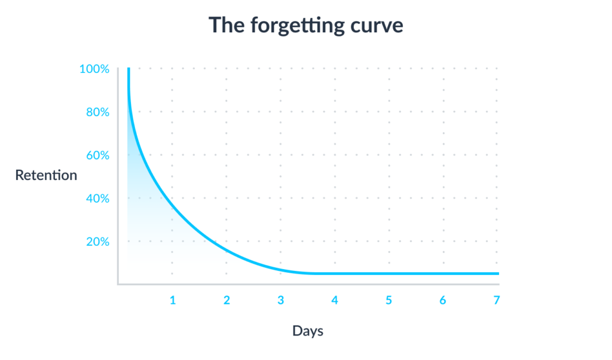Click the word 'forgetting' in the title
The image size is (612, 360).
298,26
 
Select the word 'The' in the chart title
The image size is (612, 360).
227,25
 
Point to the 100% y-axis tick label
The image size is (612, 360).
94,69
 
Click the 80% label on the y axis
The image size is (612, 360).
97,112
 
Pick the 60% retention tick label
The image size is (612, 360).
97,156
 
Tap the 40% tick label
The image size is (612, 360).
97,199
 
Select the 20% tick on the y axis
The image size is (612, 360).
97,242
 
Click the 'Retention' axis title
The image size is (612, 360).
46,175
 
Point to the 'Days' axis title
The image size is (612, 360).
308,331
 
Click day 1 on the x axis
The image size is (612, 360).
173,300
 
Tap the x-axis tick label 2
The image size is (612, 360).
227,300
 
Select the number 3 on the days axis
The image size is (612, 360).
281,300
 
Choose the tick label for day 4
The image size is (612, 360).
335,300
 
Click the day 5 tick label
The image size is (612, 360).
388,300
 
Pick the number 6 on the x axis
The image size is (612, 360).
443,300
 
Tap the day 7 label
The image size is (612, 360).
497,300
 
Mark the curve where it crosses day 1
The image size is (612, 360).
172,207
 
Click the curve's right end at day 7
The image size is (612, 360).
498,273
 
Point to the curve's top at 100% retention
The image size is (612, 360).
128,69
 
